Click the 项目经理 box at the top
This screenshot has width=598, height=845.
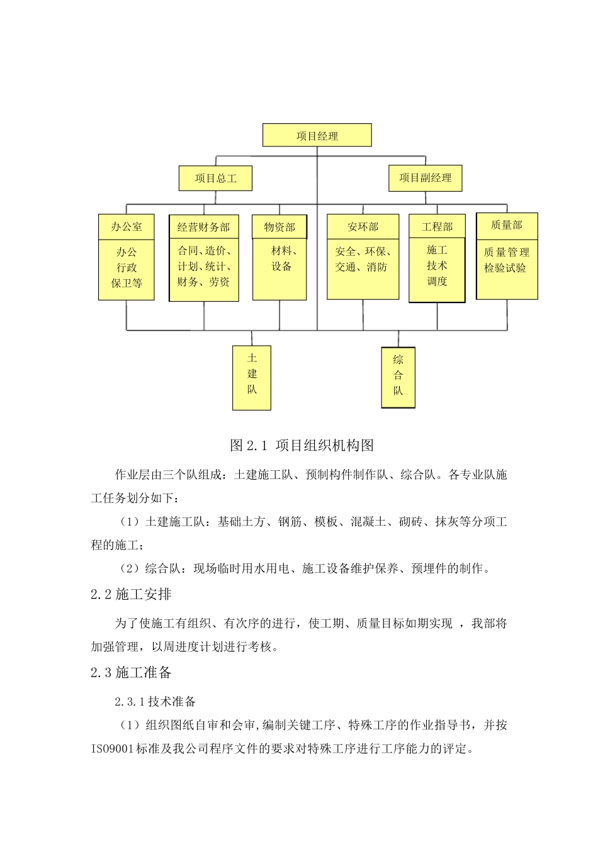click(317, 136)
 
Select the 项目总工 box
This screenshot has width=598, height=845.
click(215, 179)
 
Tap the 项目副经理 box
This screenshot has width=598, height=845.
click(425, 178)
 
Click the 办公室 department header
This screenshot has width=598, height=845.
click(127, 227)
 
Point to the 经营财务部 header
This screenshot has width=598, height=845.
click(203, 228)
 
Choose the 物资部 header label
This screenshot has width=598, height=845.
click(279, 228)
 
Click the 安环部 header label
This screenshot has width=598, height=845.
click(363, 227)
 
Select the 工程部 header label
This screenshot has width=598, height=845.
click(437, 227)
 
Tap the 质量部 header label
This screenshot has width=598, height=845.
click(507, 225)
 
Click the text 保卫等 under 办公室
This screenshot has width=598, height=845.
click(127, 283)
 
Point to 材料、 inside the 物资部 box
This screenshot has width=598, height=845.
click(284, 250)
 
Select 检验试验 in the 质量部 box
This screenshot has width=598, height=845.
click(505, 268)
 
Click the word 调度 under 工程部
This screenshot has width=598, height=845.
click(437, 281)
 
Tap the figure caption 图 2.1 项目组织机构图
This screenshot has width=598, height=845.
click(302, 446)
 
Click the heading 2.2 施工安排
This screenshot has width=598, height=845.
click(131, 594)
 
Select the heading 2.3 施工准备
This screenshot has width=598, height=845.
click(131, 673)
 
